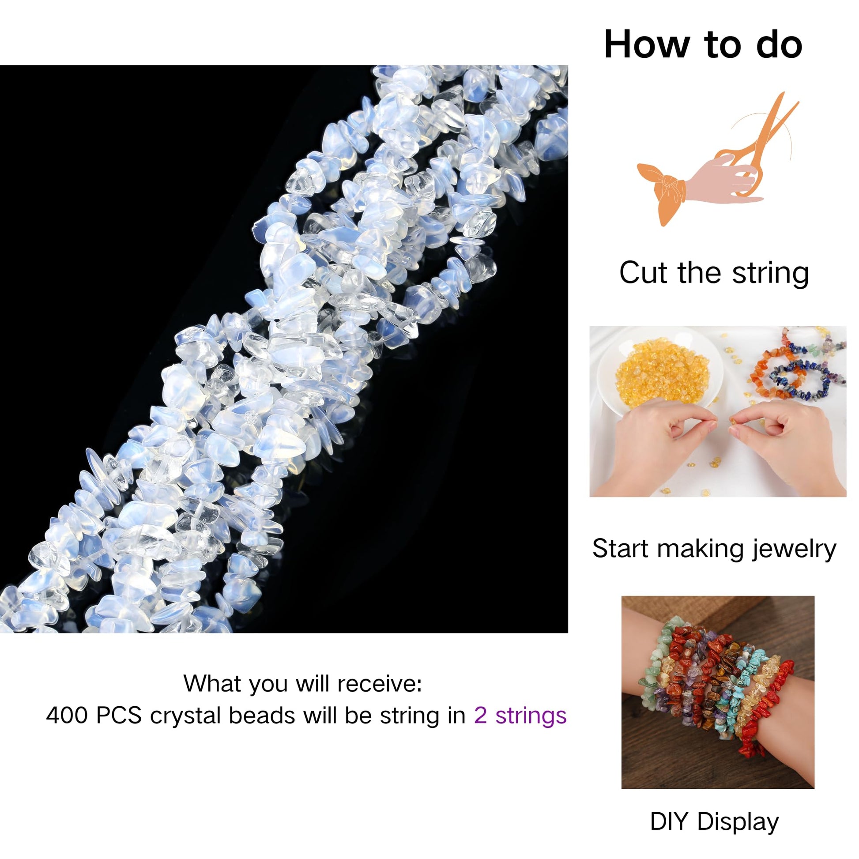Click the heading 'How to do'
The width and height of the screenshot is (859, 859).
(703, 45)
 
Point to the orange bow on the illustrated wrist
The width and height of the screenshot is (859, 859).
(663, 191)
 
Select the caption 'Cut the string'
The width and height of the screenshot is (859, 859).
(714, 272)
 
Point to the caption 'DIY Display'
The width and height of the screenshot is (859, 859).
(714, 821)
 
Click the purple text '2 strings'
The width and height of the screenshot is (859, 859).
(520, 716)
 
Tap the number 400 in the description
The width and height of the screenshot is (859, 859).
(67, 716)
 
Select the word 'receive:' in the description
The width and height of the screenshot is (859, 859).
(379, 683)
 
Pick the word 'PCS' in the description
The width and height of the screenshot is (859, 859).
(118, 716)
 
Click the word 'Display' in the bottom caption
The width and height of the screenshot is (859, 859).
(738, 821)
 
